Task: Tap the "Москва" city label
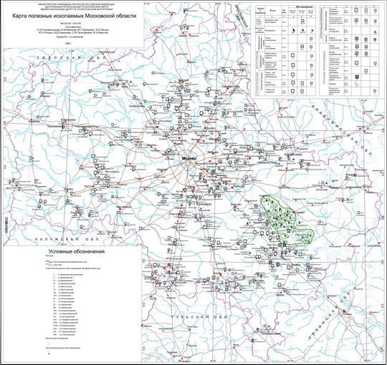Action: pyautogui.click(x=188, y=158)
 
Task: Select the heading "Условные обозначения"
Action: pyautogui.click(x=77, y=252)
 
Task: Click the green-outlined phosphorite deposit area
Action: pyautogui.click(x=284, y=218)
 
